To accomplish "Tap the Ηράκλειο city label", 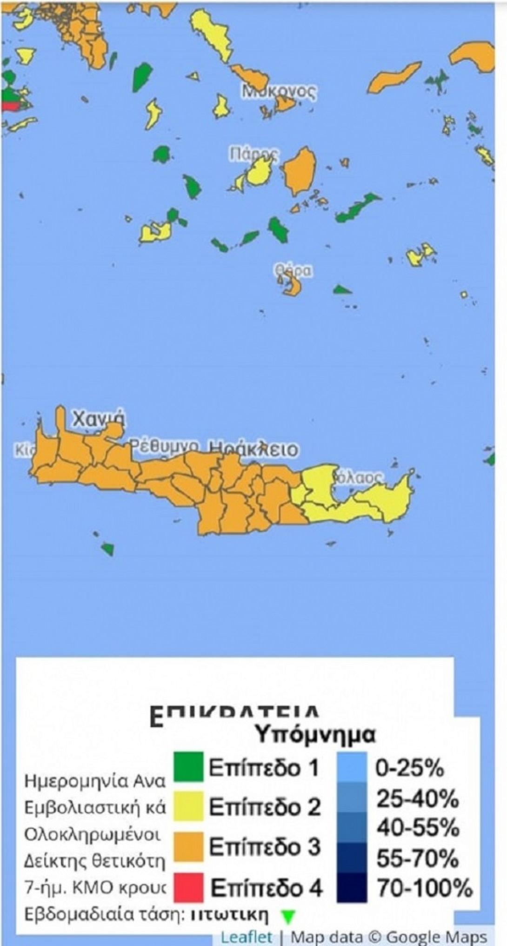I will pos(253,450).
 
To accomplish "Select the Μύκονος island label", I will pos(280,91).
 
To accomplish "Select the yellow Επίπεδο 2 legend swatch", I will pos(188,805).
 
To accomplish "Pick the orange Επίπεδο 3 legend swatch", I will pos(188,846).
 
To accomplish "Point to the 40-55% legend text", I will pos(418,828).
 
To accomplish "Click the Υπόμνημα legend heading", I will pos(316,735).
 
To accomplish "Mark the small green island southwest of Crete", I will pos(107,549).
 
